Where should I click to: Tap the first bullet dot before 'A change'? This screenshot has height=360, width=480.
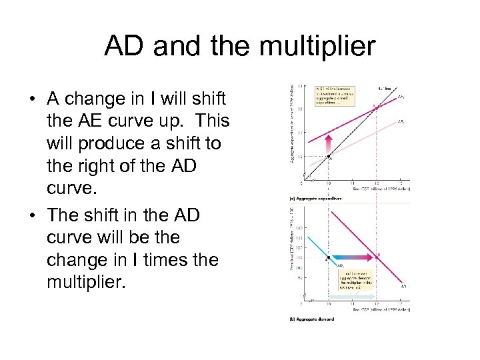(x=32, y=100)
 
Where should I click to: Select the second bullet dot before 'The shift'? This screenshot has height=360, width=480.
(x=32, y=216)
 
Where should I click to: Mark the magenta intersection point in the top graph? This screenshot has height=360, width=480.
(x=375, y=107)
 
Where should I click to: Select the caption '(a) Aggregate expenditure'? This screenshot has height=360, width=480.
(x=317, y=199)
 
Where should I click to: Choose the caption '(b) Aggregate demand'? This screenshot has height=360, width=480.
(x=312, y=319)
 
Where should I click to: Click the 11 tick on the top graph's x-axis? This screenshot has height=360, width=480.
(x=353, y=184)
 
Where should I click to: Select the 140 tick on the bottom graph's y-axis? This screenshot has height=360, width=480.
(x=299, y=228)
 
